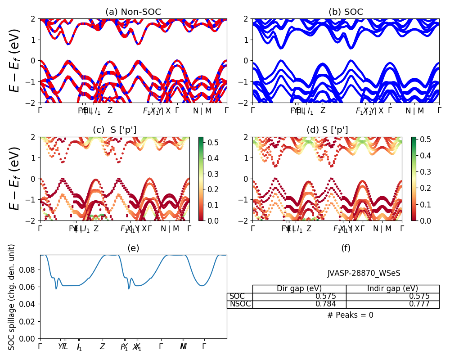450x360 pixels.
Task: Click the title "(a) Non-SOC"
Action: coord(133,12)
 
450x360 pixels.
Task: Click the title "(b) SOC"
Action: coord(346,12)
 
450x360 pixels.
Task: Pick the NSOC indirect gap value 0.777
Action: coord(419,304)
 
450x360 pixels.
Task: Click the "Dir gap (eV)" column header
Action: coord(299,289)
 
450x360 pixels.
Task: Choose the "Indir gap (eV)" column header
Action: coord(392,289)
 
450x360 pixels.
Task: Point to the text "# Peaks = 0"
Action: coord(350,315)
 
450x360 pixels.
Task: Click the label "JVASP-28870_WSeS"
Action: coord(364,273)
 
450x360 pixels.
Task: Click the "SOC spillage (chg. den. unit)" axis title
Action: coord(12,297)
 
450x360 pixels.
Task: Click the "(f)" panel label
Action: coord(346,248)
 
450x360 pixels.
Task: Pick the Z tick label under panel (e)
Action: coord(102,347)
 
